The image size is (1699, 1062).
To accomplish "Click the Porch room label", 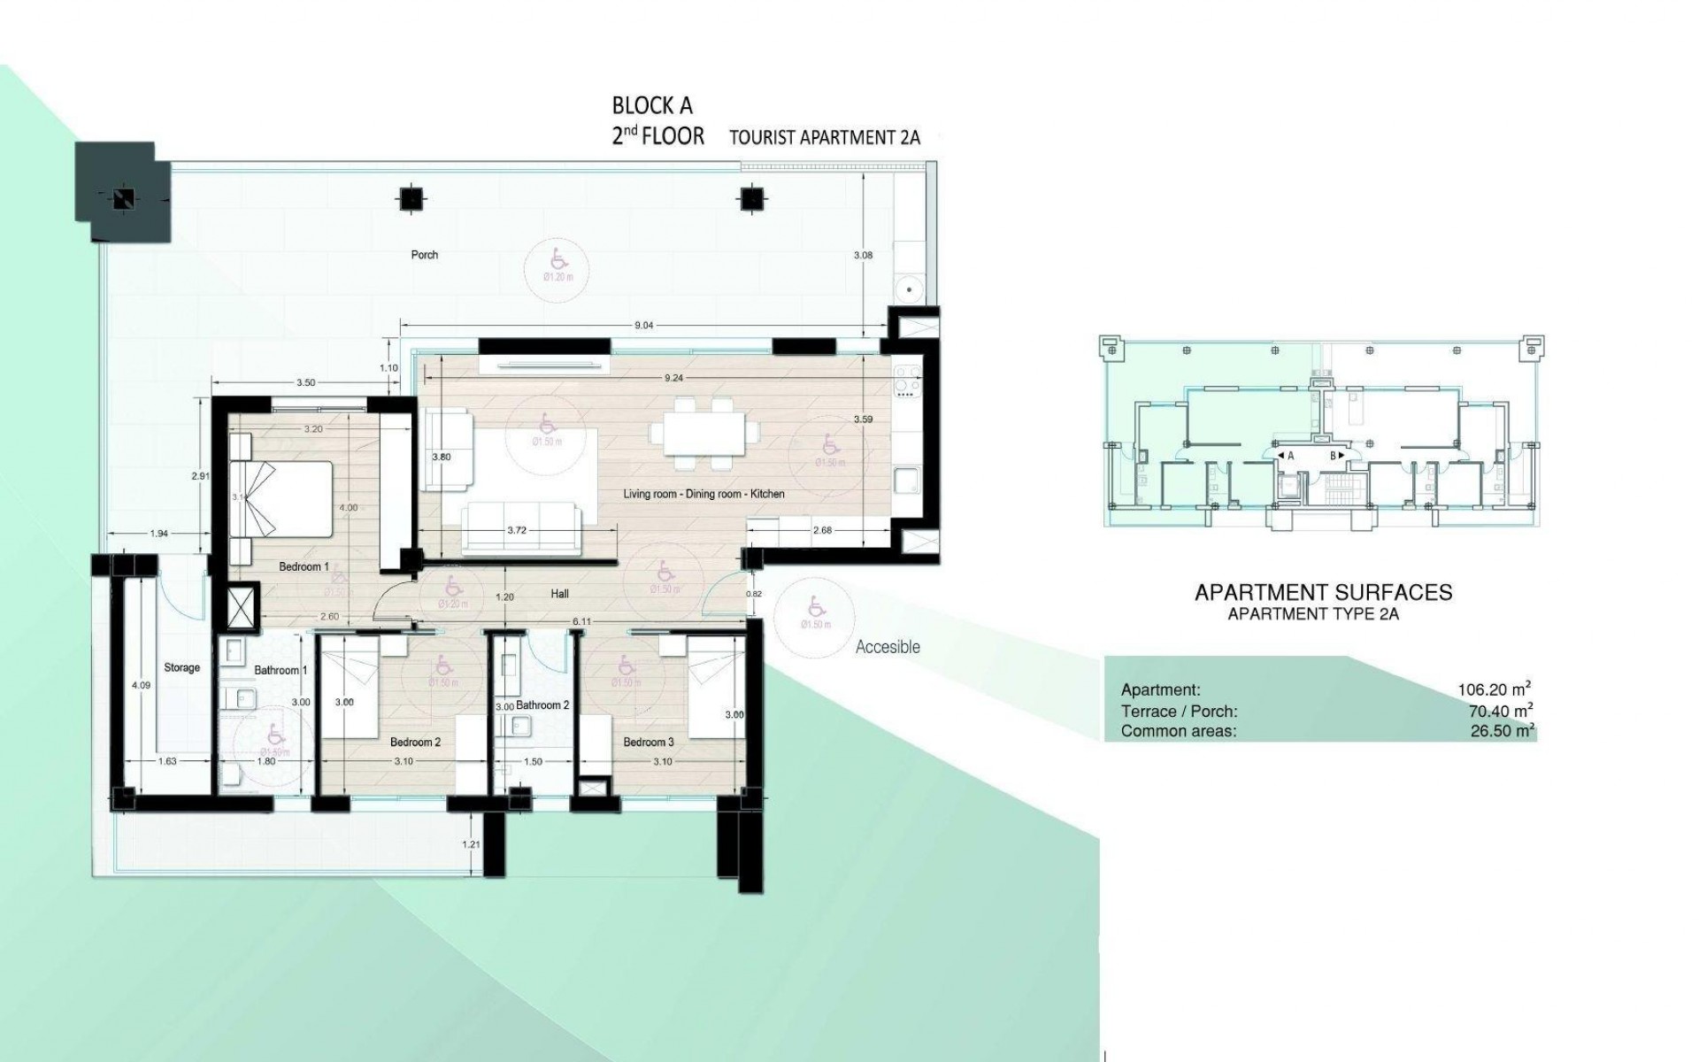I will coord(425,255).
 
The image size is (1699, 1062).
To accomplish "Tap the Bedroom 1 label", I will coord(304,566).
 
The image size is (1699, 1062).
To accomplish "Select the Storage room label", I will coord(181,668).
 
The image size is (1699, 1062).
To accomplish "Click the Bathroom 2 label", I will coord(542,705).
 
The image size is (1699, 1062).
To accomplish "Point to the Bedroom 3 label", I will coord(648,742).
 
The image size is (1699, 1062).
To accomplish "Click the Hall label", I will coord(559,594).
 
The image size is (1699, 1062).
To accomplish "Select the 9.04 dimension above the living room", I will coord(643,326).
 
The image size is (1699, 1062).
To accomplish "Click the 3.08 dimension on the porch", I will coord(862,255).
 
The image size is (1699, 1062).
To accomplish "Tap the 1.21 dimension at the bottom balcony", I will coord(471,844).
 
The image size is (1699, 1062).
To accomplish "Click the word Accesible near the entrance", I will coord(888,647).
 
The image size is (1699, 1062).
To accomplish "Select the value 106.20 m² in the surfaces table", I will coord(1495,689).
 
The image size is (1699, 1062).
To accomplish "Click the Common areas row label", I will coord(1179,731).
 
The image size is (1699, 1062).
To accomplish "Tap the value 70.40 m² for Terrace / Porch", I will coord(1500,711).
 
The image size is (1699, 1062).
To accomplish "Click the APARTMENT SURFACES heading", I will coord(1323,592).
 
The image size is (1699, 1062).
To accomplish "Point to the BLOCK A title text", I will coord(652,106).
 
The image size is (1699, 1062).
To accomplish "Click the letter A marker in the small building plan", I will coord(1290,456).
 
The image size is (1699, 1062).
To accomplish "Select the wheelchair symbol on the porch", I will coord(558,259).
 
